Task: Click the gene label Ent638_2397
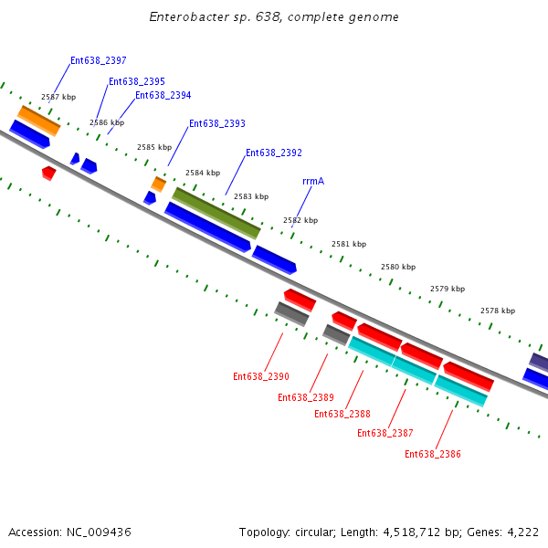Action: click(98, 61)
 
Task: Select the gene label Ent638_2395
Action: click(136, 82)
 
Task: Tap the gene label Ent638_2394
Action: click(163, 96)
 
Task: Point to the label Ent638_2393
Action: click(216, 124)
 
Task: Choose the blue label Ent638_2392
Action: click(273, 153)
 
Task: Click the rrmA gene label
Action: click(313, 182)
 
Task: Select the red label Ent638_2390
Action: click(260, 376)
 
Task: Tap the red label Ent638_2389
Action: click(305, 397)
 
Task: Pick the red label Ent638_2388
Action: click(342, 414)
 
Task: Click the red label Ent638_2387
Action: click(385, 434)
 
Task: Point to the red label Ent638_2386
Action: click(432, 454)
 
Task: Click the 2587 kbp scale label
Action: click(58, 97)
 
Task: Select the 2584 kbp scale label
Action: click(203, 173)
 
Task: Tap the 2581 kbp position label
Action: click(348, 244)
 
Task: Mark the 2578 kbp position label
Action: click(497, 311)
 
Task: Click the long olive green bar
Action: click(216, 212)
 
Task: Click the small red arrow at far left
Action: click(48, 172)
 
